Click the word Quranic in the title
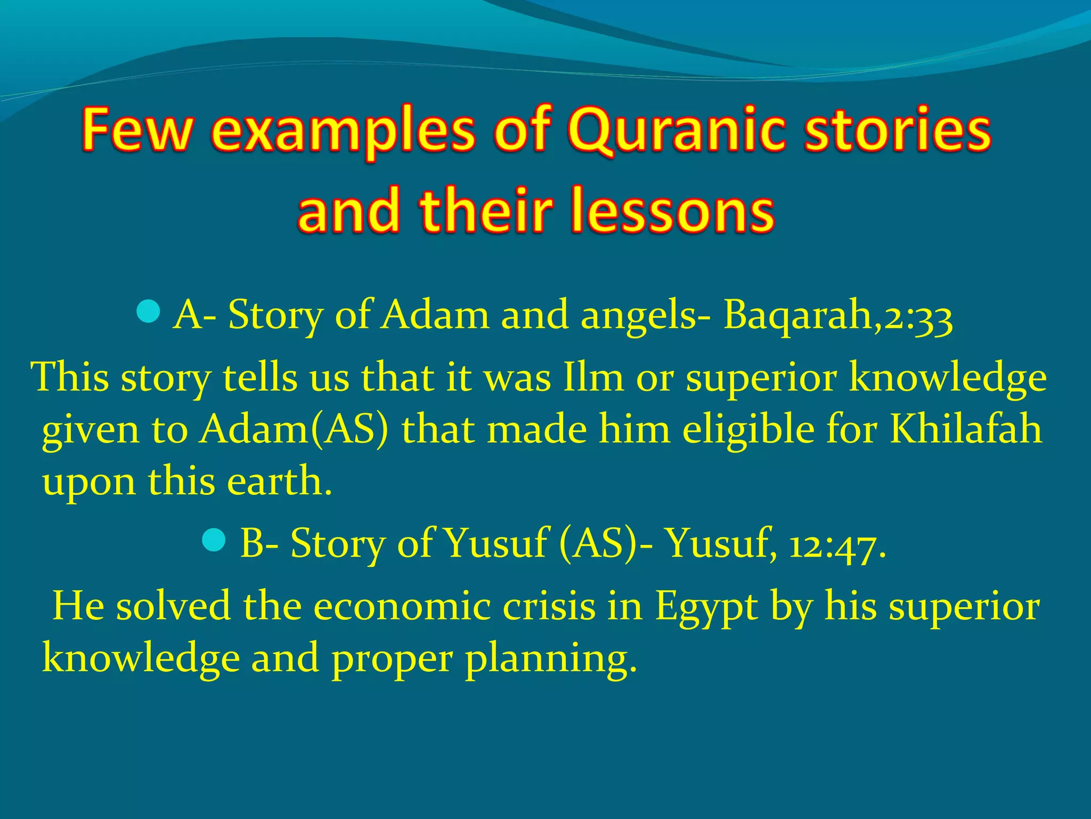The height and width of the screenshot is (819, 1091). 677,131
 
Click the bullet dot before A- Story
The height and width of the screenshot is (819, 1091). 148,312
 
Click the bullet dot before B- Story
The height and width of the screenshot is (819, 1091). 214,541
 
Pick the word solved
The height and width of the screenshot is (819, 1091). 174,607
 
